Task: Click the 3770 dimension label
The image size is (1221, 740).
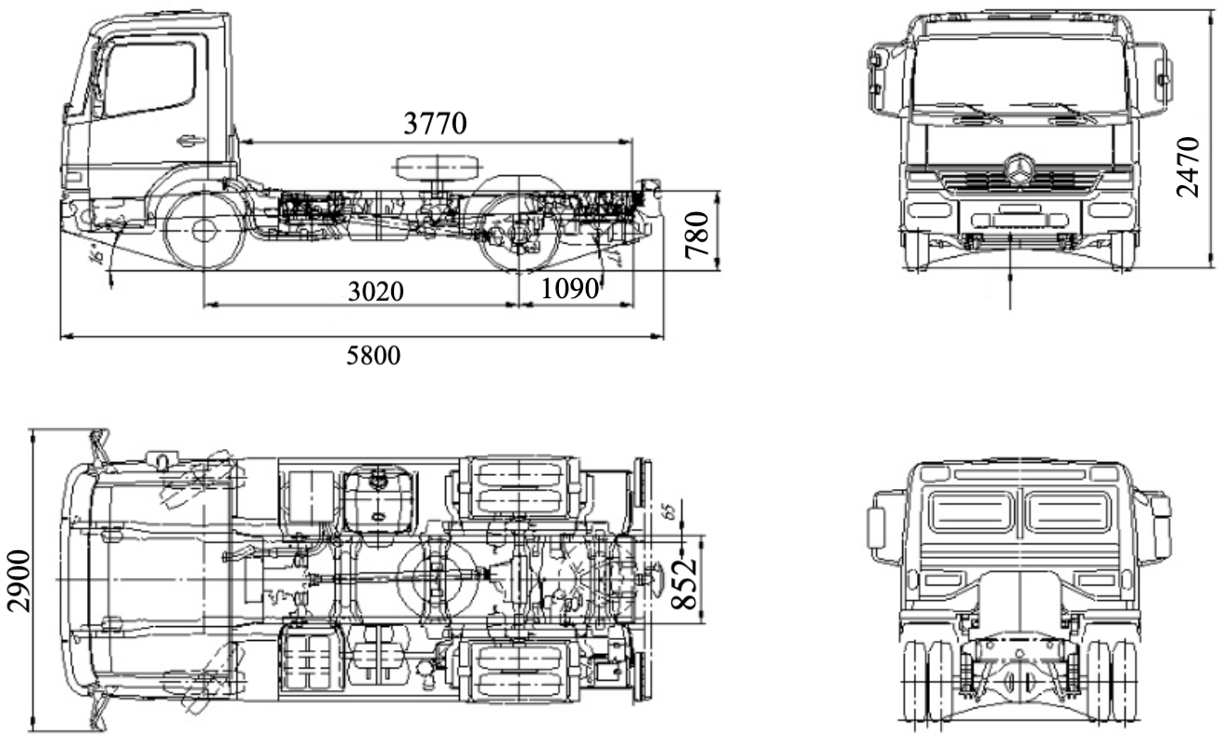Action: [435, 123]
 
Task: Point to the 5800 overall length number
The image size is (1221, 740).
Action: [375, 355]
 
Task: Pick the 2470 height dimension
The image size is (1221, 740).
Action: [1188, 167]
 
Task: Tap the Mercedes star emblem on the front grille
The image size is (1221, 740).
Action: [1019, 169]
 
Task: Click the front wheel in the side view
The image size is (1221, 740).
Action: [203, 228]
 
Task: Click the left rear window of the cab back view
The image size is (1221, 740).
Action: [970, 512]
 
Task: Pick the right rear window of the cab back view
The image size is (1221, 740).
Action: [1067, 512]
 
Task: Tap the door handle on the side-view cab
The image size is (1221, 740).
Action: [191, 141]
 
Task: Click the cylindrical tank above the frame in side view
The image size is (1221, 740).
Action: [435, 168]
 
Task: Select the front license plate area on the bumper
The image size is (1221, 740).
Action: [1018, 220]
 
